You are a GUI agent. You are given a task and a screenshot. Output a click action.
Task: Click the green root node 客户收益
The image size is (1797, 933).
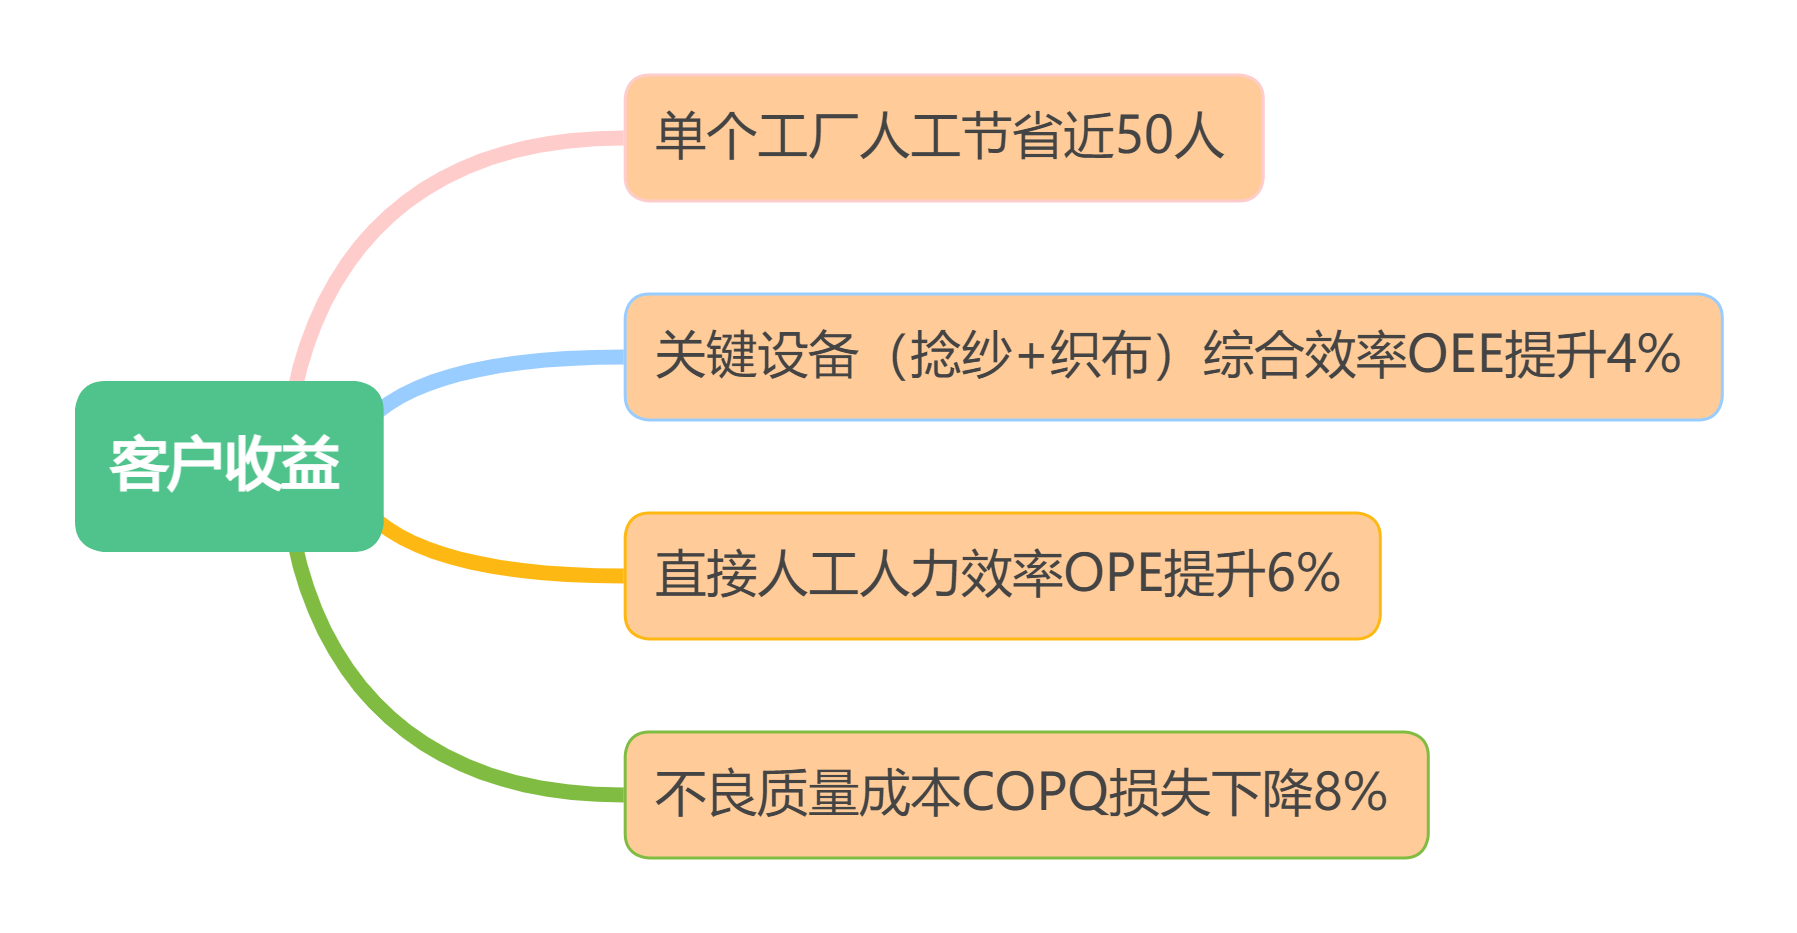click(x=229, y=466)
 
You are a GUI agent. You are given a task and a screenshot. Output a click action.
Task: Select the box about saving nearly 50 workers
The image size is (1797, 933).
click(x=944, y=138)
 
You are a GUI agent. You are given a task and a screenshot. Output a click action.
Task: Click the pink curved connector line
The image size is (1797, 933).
click(x=400, y=200)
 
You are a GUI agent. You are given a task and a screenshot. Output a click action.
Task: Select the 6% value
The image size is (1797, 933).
click(x=1302, y=574)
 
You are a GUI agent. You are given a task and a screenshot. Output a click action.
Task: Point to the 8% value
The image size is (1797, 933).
click(x=1350, y=793)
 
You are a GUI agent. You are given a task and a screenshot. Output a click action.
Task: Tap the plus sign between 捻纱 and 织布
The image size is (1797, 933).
click(x=1030, y=357)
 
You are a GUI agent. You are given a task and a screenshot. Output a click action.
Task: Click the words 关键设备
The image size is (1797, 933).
click(x=757, y=355)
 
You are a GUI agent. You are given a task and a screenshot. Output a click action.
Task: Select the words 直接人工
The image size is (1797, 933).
click(x=757, y=574)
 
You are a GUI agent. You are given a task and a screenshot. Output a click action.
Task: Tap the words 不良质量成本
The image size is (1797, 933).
click(x=808, y=793)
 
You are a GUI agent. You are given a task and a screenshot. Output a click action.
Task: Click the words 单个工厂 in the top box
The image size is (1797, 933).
click(x=757, y=136)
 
